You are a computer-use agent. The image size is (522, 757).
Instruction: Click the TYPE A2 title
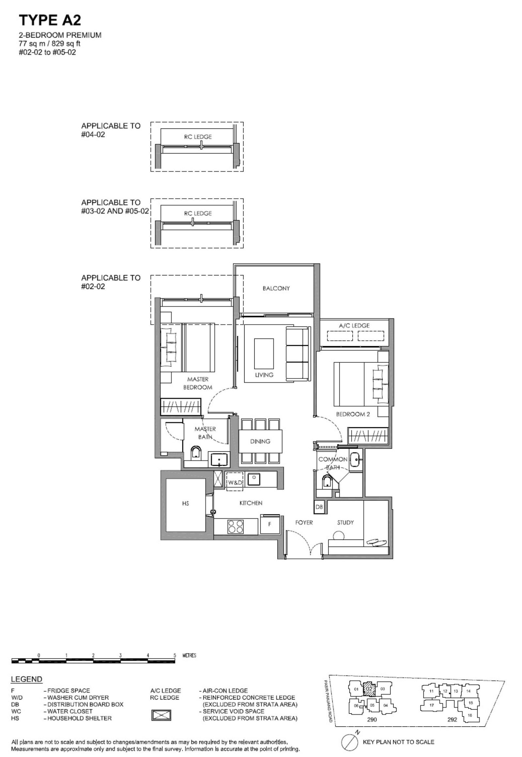coord(50,21)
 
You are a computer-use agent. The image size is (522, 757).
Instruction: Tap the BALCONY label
coord(276,288)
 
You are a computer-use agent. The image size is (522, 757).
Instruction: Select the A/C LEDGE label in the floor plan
coord(354,325)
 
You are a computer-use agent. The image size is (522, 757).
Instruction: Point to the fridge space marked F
coord(270,524)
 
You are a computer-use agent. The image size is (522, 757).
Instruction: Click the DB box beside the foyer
coord(319,507)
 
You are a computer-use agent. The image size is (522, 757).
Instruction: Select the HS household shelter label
coord(185,504)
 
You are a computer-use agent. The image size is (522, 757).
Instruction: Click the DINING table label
coord(260,441)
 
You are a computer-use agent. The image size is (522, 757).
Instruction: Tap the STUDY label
coord(345,523)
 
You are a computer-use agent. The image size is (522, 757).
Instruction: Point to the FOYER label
coord(304,523)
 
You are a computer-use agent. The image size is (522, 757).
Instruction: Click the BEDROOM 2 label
coord(353,414)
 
